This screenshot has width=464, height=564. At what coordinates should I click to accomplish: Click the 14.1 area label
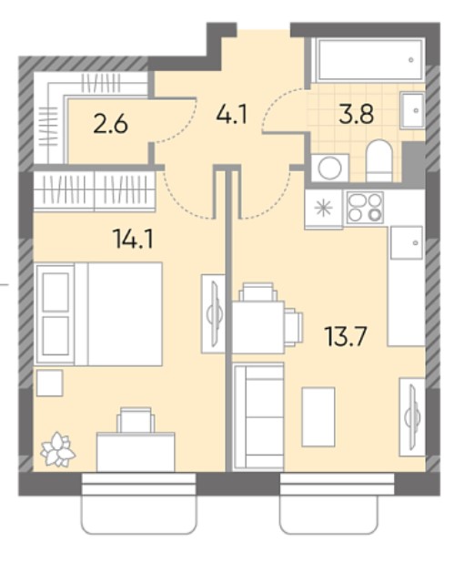tap(133, 239)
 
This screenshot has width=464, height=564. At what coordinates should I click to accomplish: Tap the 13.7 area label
tap(345, 336)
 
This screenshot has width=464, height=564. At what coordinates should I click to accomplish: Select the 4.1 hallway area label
tap(232, 115)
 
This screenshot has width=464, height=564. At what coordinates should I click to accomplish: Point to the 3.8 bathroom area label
tap(356, 114)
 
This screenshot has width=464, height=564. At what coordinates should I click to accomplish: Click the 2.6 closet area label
tap(110, 125)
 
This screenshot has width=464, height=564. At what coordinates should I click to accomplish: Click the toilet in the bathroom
tap(378, 160)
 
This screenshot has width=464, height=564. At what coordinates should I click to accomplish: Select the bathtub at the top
tap(368, 60)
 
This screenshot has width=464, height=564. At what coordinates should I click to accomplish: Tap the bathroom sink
tap(413, 110)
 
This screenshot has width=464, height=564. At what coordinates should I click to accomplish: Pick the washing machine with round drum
tap(329, 168)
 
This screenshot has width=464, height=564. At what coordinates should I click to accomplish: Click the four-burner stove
tap(365, 208)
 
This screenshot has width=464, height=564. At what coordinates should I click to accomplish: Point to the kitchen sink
tap(407, 242)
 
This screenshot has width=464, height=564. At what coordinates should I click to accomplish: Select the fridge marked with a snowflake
tap(323, 209)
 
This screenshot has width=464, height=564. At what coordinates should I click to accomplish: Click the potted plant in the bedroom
tap(58, 449)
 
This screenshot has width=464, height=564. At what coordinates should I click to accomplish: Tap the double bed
tap(99, 314)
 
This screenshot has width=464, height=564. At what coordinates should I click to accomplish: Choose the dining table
tap(258, 327)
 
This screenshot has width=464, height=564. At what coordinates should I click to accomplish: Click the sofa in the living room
tap(258, 416)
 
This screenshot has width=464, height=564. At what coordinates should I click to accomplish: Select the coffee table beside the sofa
tap(318, 416)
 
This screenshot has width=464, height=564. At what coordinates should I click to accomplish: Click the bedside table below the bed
tap(49, 383)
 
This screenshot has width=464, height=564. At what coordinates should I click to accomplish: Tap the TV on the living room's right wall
tap(412, 417)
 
